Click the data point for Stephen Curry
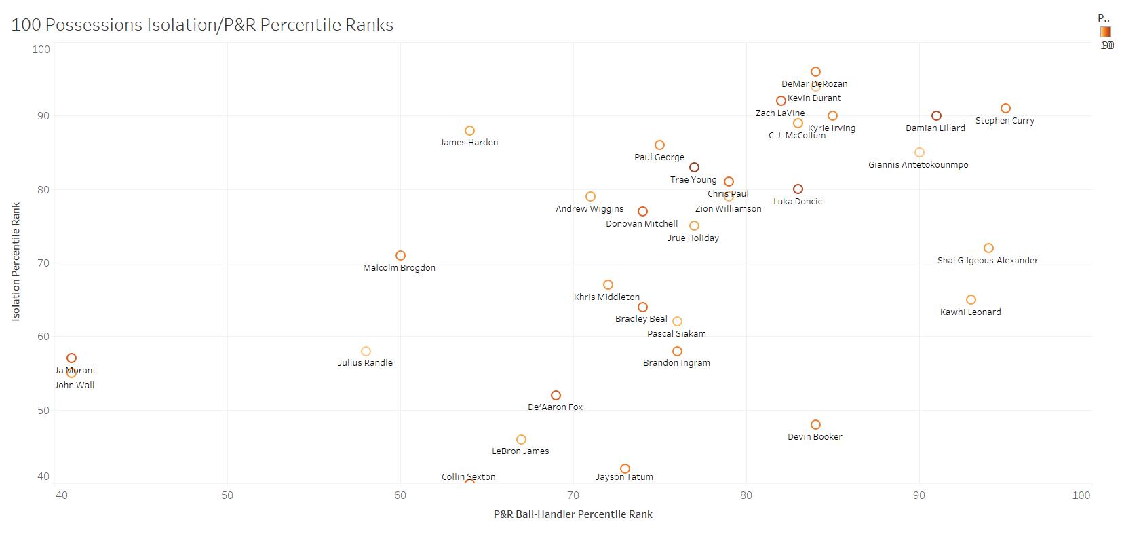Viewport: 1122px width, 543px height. point(1005,109)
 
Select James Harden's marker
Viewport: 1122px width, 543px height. point(469,130)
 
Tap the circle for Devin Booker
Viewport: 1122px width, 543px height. point(815,425)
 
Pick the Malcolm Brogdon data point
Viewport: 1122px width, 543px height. point(400,256)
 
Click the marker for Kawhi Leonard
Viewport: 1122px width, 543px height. point(971,300)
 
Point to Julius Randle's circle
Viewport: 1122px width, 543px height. point(366,352)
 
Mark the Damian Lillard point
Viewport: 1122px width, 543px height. point(936,116)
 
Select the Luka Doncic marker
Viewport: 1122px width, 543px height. point(798,189)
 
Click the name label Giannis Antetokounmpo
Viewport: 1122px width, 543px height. point(918,165)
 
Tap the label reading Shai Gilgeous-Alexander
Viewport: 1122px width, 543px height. point(987,261)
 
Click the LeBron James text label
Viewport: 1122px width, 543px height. point(520,451)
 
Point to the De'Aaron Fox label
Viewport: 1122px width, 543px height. point(555,407)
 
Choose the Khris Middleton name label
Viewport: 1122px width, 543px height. point(606,297)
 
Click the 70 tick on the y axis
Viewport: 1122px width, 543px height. point(43,263)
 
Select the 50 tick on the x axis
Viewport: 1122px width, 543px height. point(227,495)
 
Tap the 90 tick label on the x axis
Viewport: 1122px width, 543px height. point(919,495)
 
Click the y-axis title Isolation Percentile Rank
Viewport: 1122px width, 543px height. point(16,261)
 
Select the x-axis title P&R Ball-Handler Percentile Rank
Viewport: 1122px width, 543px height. point(573,514)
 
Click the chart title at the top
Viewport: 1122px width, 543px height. point(202,25)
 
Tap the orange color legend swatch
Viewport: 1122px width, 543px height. point(1106,32)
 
